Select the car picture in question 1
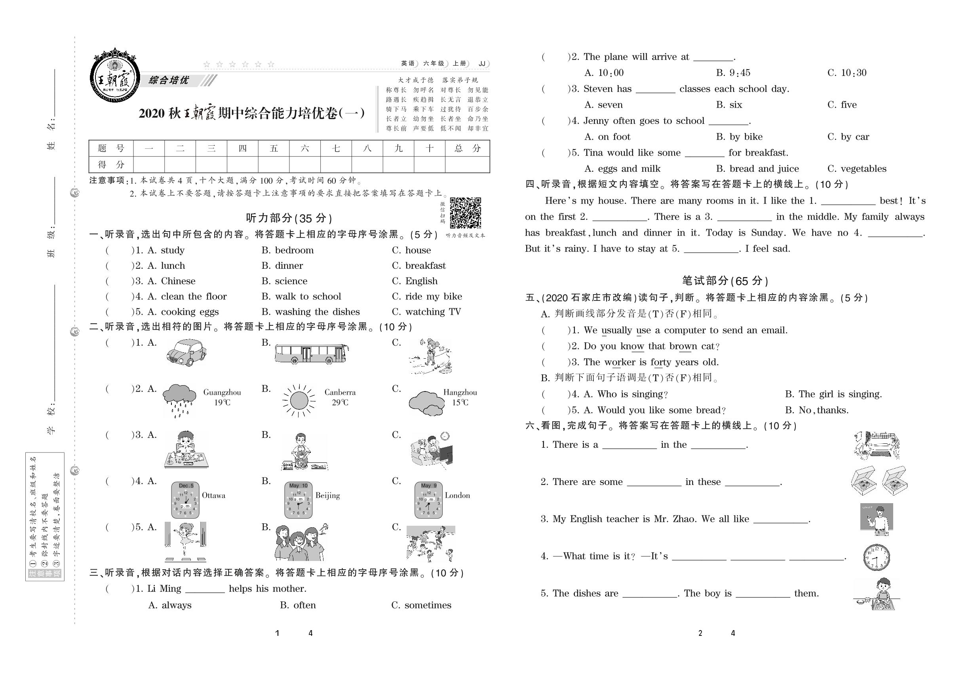click(186, 352)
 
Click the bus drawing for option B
click(311, 354)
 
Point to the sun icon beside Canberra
click(299, 400)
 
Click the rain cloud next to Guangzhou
click(179, 399)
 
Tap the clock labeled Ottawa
click(185, 500)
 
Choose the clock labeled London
click(428, 500)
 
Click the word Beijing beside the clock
click(327, 496)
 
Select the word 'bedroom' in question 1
click(294, 250)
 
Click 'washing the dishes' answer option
click(317, 312)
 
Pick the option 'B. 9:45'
click(733, 72)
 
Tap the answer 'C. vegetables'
click(856, 169)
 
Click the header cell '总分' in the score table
click(467, 148)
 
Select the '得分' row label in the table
click(111, 164)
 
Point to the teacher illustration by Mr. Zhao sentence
click(877, 519)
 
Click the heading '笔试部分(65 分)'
click(725, 281)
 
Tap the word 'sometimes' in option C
click(428, 605)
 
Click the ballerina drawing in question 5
click(185, 542)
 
